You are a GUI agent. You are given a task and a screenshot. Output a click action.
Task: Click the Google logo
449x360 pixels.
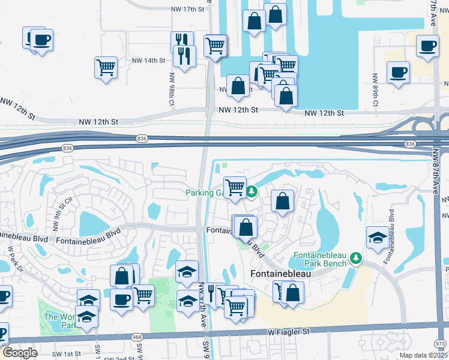[x=20, y=353]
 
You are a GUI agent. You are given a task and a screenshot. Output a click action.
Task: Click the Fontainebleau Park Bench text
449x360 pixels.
[x=320, y=260]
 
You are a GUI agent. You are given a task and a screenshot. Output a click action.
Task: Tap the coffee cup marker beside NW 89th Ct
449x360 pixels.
[x=398, y=73]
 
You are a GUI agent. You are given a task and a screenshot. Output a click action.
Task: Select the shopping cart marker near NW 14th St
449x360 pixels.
[x=106, y=67]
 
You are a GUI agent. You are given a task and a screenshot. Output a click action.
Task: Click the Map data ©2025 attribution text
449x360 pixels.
[x=421, y=355]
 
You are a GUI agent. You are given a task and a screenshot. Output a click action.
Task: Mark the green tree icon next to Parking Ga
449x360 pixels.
[x=253, y=192]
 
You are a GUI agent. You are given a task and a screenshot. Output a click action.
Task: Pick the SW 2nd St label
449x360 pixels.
[x=117, y=358]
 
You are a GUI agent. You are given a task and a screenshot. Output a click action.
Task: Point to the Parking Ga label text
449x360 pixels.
[x=203, y=193]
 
